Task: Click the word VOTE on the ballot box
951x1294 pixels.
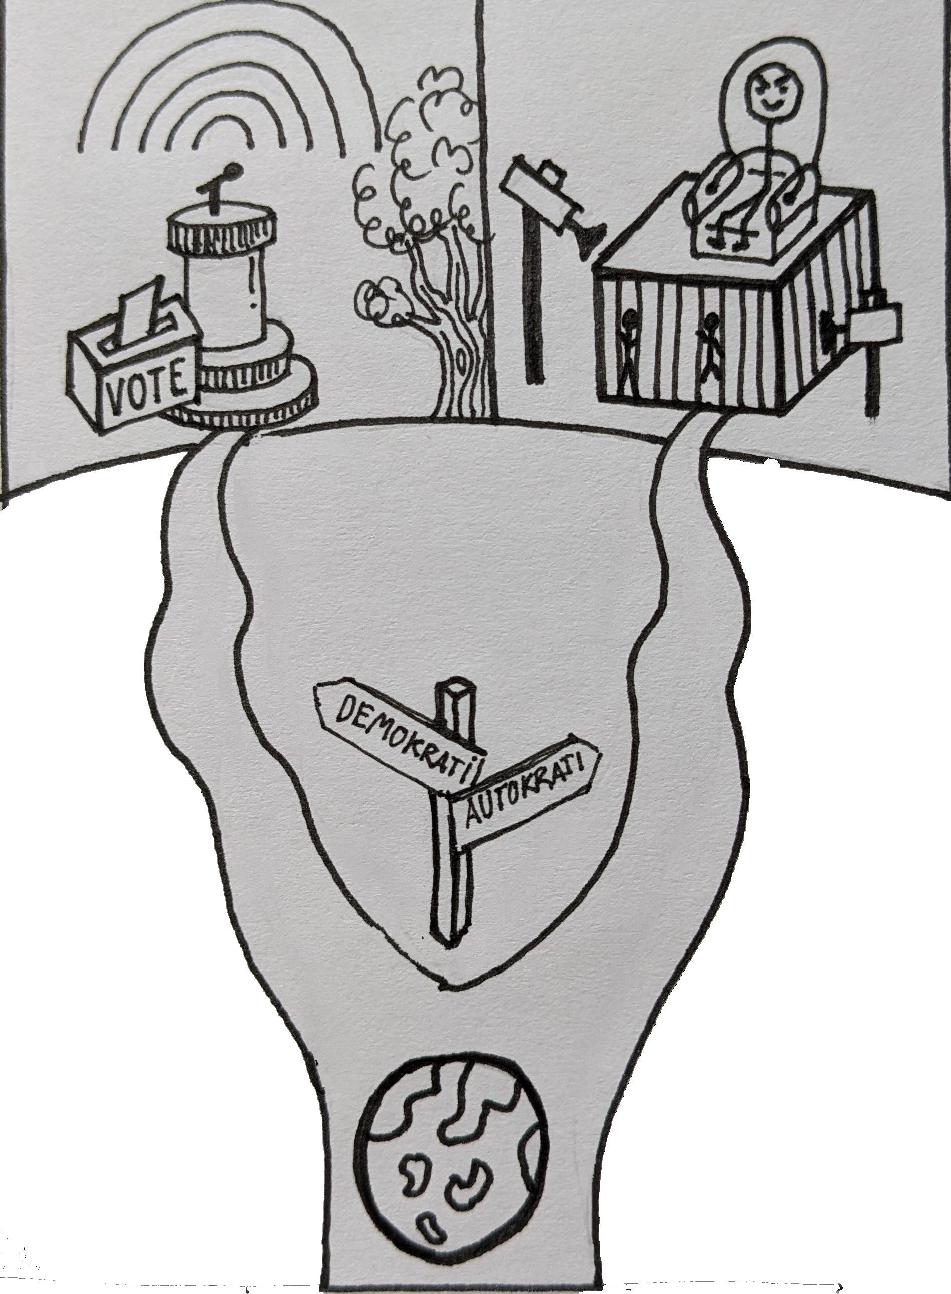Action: click(x=146, y=382)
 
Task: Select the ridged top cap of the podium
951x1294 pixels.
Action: click(x=219, y=230)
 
